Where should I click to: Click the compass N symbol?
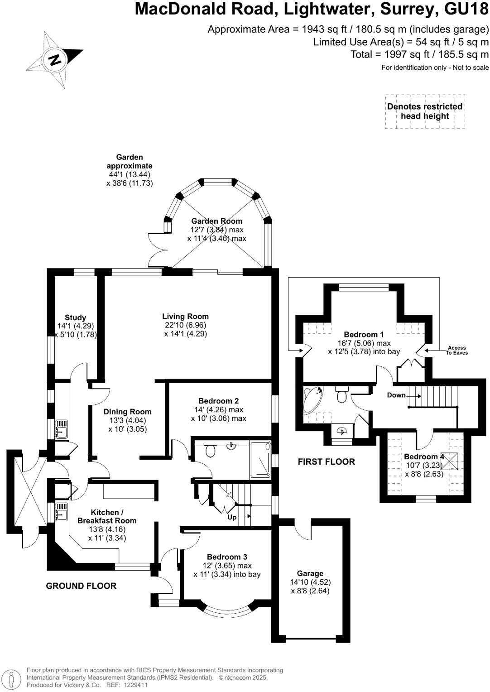pos(55,59)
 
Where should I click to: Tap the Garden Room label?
pos(216,221)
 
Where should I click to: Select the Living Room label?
pos(186,317)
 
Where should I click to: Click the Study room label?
pos(75,318)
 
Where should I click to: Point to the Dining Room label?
pos(127,412)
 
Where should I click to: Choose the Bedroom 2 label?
pos(218,401)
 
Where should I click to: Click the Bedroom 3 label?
pos(227,557)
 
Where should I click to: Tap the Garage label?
pos(310,573)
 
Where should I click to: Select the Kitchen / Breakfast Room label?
pos(107,517)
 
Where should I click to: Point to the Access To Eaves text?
pos(456,350)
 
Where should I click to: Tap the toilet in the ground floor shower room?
pos(210,451)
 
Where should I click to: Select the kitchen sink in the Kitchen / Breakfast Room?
pos(61,511)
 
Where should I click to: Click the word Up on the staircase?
pos(231,517)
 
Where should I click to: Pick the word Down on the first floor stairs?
pos(396,395)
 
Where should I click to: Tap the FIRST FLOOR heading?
pos(326,461)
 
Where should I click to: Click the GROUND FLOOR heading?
pos(81,586)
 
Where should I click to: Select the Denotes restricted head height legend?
pos(424,111)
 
